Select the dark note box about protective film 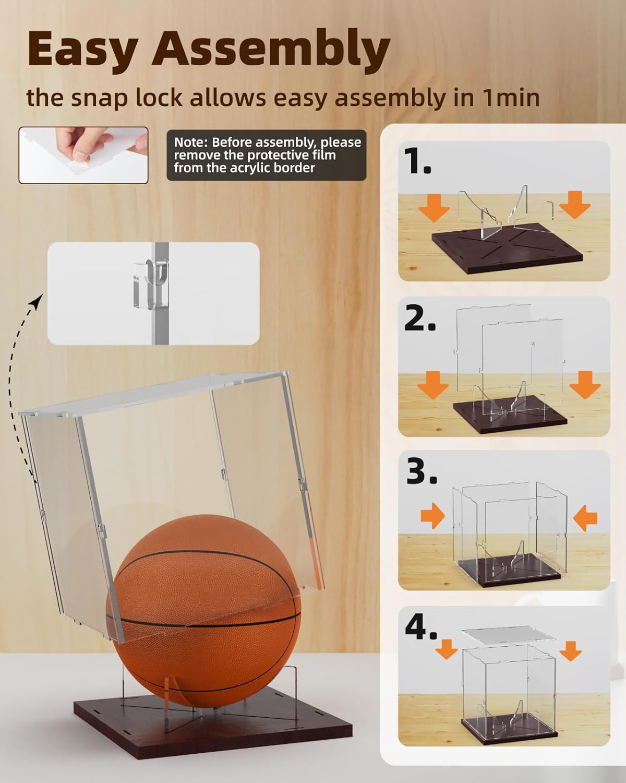pos(267,155)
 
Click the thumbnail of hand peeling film pos(83,155)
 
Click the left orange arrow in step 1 pos(434,206)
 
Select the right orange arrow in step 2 pos(585,385)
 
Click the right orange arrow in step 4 pos(572,650)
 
